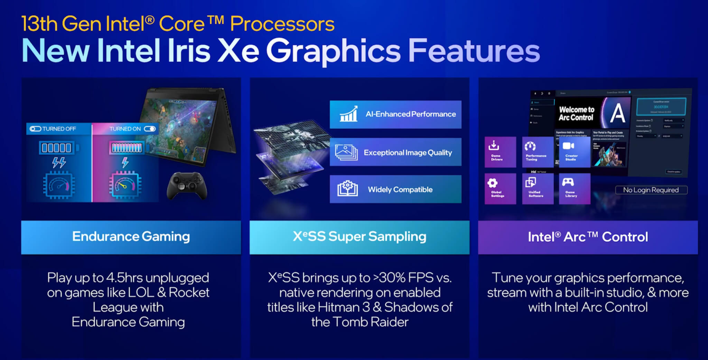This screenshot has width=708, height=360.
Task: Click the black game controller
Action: pyautogui.click(x=187, y=186)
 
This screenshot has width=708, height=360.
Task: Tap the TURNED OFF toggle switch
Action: pyautogui.click(x=35, y=129)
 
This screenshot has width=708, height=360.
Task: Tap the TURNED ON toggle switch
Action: pyautogui.click(x=150, y=129)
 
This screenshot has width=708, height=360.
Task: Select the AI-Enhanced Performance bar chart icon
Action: pyautogui.click(x=348, y=114)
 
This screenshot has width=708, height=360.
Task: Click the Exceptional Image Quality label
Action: pyautogui.click(x=408, y=153)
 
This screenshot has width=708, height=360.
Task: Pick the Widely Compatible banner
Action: pyautogui.click(x=395, y=189)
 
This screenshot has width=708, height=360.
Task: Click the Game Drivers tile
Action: pyautogui.click(x=500, y=152)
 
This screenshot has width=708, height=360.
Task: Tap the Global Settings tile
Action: pyautogui.click(x=500, y=188)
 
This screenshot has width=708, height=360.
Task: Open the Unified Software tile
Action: pyautogui.click(x=537, y=188)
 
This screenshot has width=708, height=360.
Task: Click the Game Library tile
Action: pyautogui.click(x=574, y=188)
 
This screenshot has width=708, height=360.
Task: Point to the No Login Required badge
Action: pyautogui.click(x=651, y=190)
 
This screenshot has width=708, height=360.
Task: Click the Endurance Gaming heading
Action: pyautogui.click(x=131, y=237)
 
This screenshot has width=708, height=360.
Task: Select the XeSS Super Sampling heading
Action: pyautogui.click(x=360, y=237)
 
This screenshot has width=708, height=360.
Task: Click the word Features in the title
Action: pyautogui.click(x=474, y=51)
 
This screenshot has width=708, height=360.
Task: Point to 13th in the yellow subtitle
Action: pyautogui.click(x=39, y=24)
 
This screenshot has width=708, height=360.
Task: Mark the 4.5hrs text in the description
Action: pyautogui.click(x=122, y=278)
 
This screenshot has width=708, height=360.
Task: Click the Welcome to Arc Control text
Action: pyautogui.click(x=576, y=113)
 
